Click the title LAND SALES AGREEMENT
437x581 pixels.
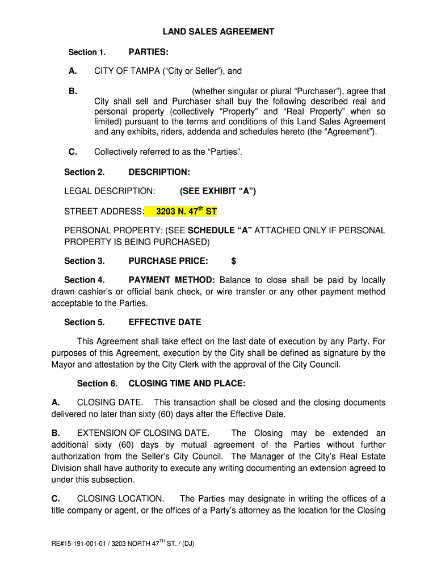[x=218, y=32]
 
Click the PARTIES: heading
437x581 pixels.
[x=148, y=52]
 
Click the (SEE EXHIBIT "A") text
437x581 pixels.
[x=218, y=191]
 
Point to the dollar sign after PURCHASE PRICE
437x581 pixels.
[x=234, y=261]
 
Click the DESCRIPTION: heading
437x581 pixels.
[x=159, y=172]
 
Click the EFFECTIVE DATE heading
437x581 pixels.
[x=165, y=322]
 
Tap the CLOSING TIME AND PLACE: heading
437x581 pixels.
[x=187, y=384]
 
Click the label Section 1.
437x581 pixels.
[x=87, y=52]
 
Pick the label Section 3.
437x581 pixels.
[x=85, y=261]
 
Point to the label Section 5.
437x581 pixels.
[x=85, y=322]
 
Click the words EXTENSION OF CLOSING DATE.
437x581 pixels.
[x=143, y=433]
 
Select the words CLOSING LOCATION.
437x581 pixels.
[x=120, y=499]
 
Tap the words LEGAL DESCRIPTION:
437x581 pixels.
[x=109, y=191]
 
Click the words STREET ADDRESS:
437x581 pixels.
[x=104, y=212]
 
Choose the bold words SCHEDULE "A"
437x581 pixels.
[x=220, y=230]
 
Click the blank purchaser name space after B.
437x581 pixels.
[x=142, y=91]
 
